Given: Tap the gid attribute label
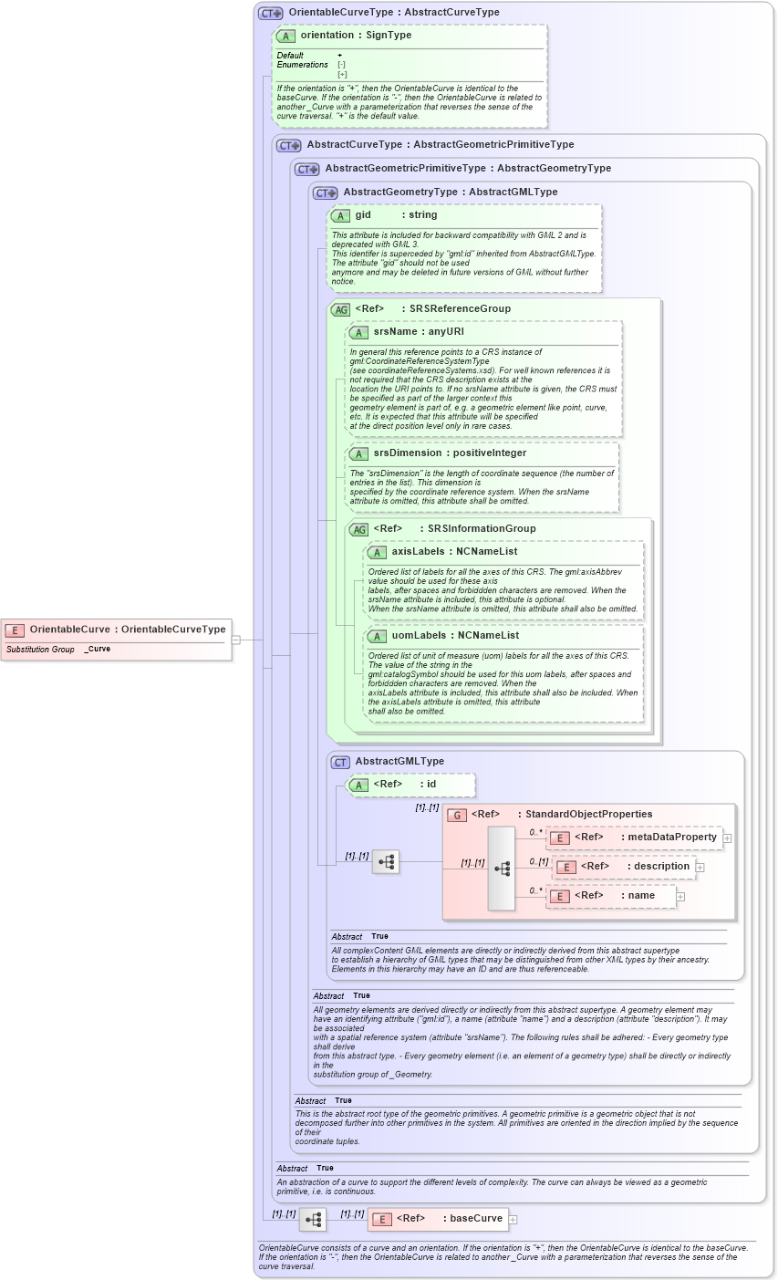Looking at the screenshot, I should point(363,215).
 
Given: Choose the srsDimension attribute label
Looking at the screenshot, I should point(399,453).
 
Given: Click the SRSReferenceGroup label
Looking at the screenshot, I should point(460,309).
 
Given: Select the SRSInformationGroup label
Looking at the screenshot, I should point(482,529).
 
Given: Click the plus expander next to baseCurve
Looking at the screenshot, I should point(513,1219).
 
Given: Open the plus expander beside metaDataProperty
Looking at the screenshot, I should point(727,838).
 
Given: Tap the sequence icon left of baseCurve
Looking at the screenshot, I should point(313,1219).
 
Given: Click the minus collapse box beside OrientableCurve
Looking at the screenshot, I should point(235,640).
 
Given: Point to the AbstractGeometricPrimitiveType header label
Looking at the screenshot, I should point(405,169).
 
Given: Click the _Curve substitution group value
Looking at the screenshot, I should point(98,650).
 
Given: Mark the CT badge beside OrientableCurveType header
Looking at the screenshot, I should point(271,14).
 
